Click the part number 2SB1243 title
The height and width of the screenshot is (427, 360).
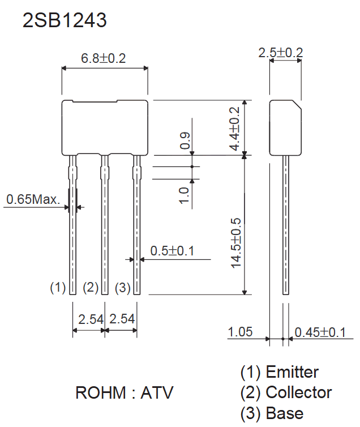point(65,21)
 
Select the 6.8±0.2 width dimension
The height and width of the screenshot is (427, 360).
point(103,58)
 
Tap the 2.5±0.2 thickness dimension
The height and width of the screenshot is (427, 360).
point(281,53)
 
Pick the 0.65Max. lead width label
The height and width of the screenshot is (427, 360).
point(33,199)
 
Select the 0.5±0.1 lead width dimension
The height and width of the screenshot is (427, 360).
point(172,251)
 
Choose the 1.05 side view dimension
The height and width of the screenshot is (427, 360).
point(240,332)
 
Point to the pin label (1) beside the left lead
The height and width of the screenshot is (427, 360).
point(58,288)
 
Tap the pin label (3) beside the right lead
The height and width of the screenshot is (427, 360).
point(123,288)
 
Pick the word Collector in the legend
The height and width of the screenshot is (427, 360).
point(299,392)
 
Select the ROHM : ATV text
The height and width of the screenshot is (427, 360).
point(124,392)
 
